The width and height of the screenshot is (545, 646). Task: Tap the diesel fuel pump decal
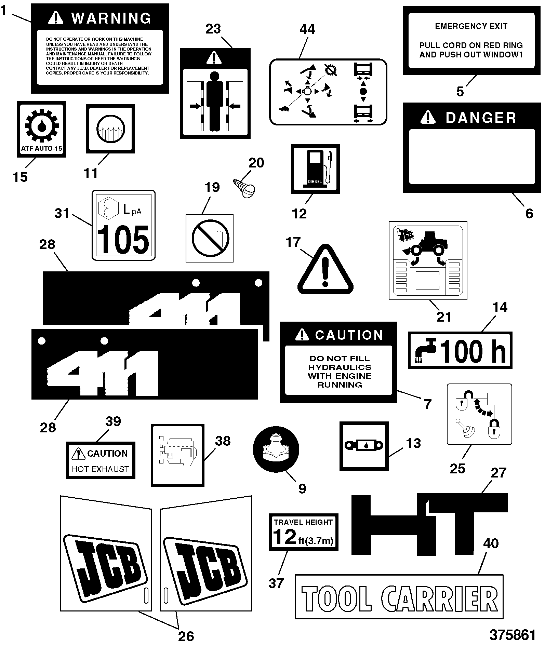pos(315,169)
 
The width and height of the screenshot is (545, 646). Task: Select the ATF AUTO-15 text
pos(41,149)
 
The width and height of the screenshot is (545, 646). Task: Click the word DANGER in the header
pos(481,118)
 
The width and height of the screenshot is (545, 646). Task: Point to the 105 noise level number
pos(123,240)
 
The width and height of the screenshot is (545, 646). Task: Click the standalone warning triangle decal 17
pos(325,269)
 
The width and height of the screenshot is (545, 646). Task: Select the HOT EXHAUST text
pos(101,469)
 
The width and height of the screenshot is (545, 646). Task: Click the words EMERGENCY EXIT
pos(471,26)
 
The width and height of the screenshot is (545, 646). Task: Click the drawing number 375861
pos(513,635)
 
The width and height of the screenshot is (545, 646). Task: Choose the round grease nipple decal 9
pos(276,449)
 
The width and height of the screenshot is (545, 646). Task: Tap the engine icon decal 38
pos(177,455)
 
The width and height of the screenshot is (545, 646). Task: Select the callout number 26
pos(186,636)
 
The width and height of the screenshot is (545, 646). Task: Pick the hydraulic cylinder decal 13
pos(364,446)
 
